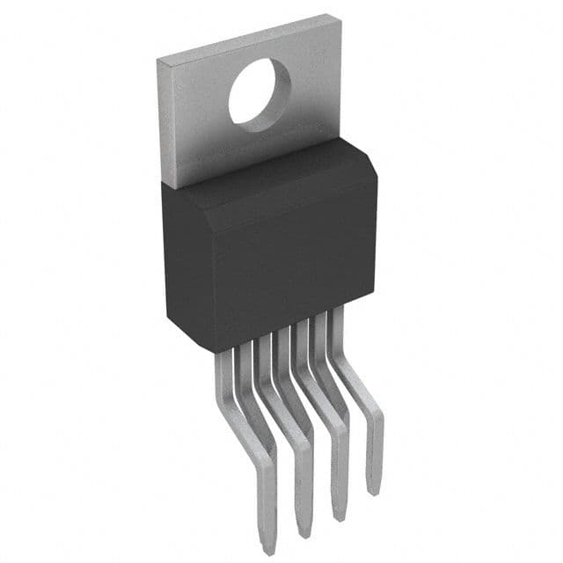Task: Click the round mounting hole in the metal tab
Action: (260, 94)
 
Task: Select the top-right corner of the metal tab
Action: (340, 15)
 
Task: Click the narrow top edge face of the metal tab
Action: (246, 37)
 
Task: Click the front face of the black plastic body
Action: (264, 264)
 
